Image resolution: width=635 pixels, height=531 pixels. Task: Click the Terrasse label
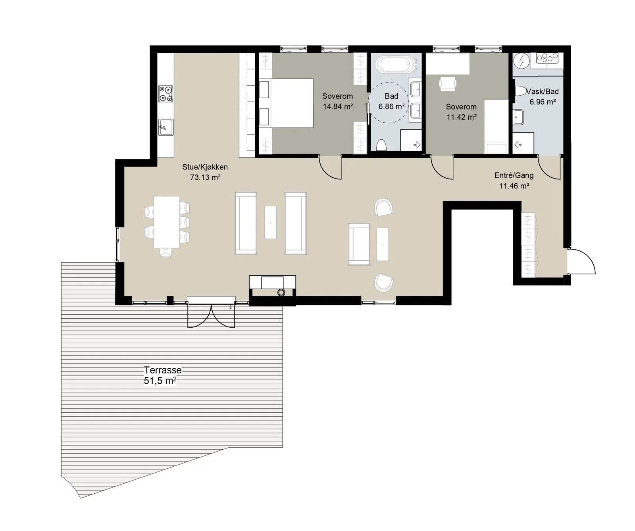coord(163,370)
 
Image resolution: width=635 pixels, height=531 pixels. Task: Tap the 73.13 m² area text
coord(205,177)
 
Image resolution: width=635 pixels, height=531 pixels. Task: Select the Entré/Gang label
coord(514,175)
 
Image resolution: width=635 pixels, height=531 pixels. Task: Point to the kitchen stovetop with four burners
coord(166,94)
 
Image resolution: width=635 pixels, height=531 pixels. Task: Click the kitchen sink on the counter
coord(166,127)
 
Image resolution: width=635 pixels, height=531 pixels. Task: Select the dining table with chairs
coord(167,222)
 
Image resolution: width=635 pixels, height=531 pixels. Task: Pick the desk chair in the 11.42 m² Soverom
coord(448,83)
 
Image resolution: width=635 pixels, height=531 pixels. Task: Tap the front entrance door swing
coord(582,261)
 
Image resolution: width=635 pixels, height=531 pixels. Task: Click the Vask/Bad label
coord(543,92)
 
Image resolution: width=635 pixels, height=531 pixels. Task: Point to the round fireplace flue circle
coord(281,293)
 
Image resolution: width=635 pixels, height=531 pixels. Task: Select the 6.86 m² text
coord(391,106)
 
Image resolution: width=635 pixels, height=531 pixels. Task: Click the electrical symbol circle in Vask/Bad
coord(521,61)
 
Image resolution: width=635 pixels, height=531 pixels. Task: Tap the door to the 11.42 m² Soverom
coord(442,167)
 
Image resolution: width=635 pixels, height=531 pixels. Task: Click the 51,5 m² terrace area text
coord(160,381)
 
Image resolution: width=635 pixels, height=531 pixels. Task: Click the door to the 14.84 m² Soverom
coord(330,167)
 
